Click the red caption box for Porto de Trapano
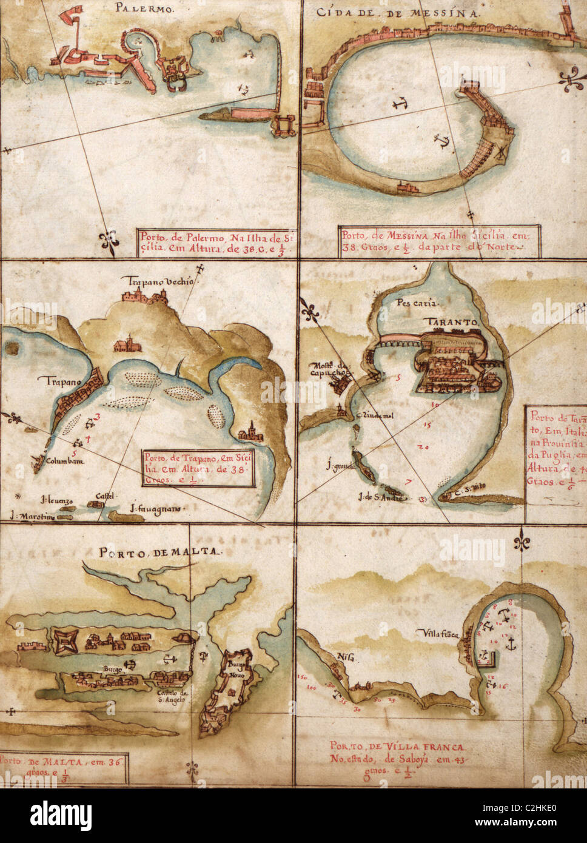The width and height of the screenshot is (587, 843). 199,468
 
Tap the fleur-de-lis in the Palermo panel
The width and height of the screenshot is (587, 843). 109,242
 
